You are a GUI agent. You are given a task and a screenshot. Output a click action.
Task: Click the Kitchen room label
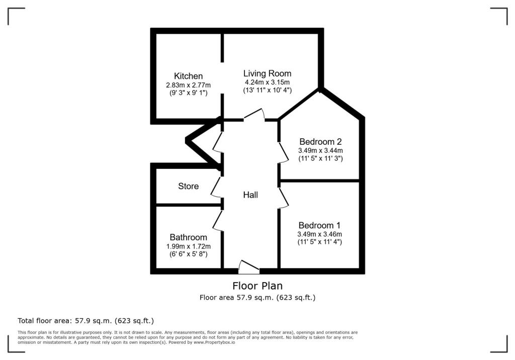coord(188,76)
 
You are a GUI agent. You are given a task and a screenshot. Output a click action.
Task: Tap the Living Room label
coord(267,73)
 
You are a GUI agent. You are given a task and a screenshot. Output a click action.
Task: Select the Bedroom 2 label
coord(320,141)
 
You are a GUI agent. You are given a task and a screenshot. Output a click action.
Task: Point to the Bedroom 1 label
coord(319,225)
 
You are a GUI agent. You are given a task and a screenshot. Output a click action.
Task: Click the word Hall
coord(250,195)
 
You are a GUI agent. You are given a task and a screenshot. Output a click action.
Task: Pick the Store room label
coord(188,186)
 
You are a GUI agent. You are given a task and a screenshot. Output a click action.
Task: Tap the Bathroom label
coord(188,237)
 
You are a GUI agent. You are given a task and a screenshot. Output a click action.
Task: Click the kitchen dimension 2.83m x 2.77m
coord(188,85)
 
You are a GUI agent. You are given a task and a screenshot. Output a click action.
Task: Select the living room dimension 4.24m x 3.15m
coord(267,82)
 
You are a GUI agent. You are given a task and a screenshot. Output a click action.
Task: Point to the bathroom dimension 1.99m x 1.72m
coord(188,246)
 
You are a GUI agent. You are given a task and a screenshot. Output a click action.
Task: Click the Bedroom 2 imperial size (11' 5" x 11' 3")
coord(320,158)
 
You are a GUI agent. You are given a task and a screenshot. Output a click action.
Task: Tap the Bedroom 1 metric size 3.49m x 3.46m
coord(319,234)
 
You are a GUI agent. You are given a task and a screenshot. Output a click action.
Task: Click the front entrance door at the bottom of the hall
coord(249,267)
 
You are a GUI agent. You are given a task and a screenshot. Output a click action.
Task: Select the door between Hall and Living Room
coord(254,115)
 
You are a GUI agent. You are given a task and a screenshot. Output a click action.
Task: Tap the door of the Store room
coord(217,187)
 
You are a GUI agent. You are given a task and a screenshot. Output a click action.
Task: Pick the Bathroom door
coord(218,220)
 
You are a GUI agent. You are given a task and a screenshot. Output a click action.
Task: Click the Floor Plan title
coord(257,286)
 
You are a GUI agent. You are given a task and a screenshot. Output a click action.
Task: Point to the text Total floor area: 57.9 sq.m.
coord(85,320)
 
